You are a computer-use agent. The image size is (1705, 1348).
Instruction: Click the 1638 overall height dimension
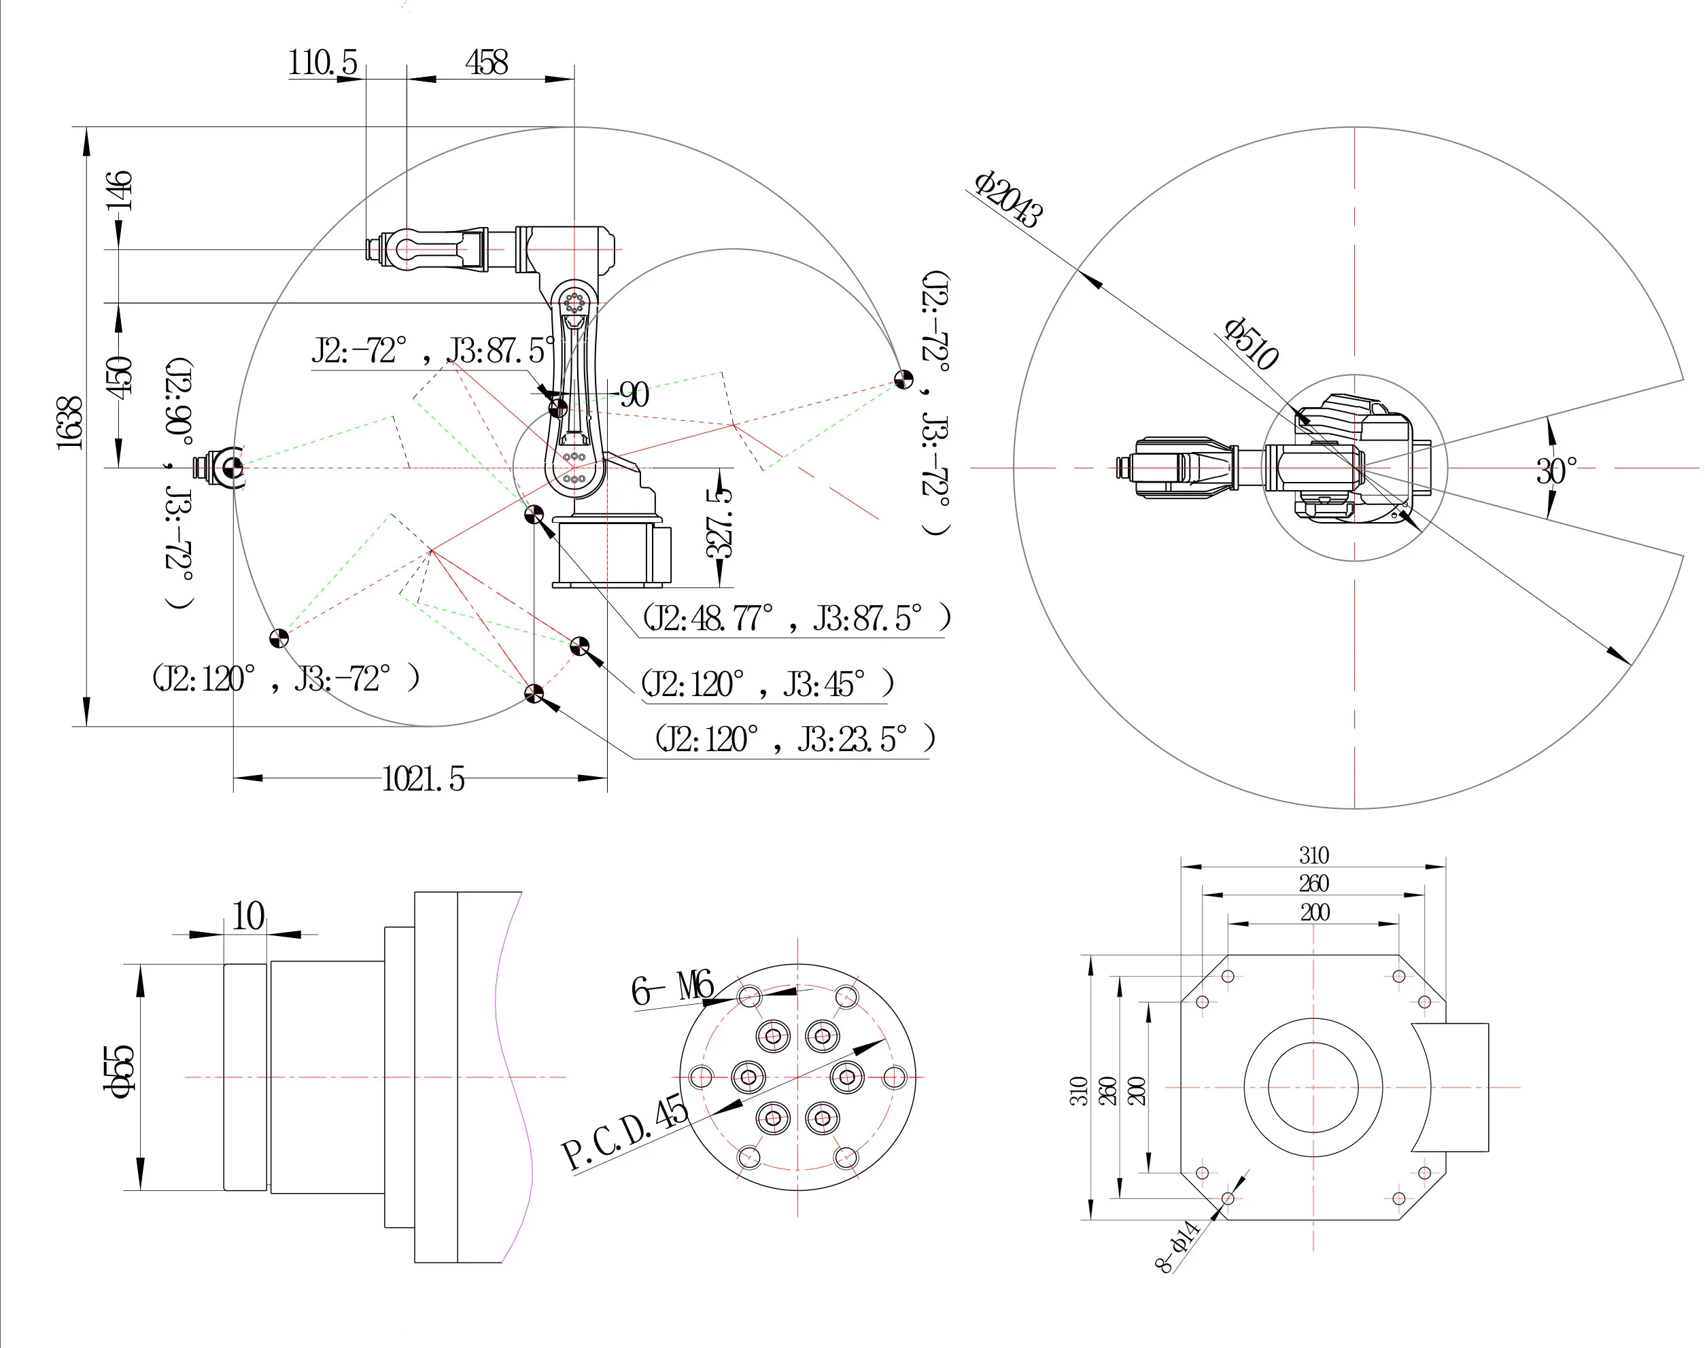pos(69,423)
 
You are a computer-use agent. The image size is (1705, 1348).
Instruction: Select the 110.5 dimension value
pos(322,63)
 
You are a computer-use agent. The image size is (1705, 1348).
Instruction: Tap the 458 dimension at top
pos(486,63)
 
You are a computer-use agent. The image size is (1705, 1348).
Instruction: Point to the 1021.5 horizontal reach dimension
pos(423,779)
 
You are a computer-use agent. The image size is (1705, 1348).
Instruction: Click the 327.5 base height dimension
pos(719,523)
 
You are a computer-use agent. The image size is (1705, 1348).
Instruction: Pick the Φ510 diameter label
pos(1250,343)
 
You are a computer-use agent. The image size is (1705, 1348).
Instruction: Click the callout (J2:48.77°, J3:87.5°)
pos(795,618)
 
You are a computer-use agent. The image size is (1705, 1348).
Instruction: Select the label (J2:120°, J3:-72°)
pos(285,678)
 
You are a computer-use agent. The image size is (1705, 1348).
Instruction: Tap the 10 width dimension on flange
pos(248,916)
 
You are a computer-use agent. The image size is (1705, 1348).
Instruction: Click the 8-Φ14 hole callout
pos(1177,1246)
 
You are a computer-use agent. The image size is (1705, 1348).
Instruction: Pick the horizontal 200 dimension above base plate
pos(1314,912)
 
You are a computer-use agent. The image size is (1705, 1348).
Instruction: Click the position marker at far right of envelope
pos(903,379)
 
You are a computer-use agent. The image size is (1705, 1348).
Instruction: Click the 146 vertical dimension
pos(119,190)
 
